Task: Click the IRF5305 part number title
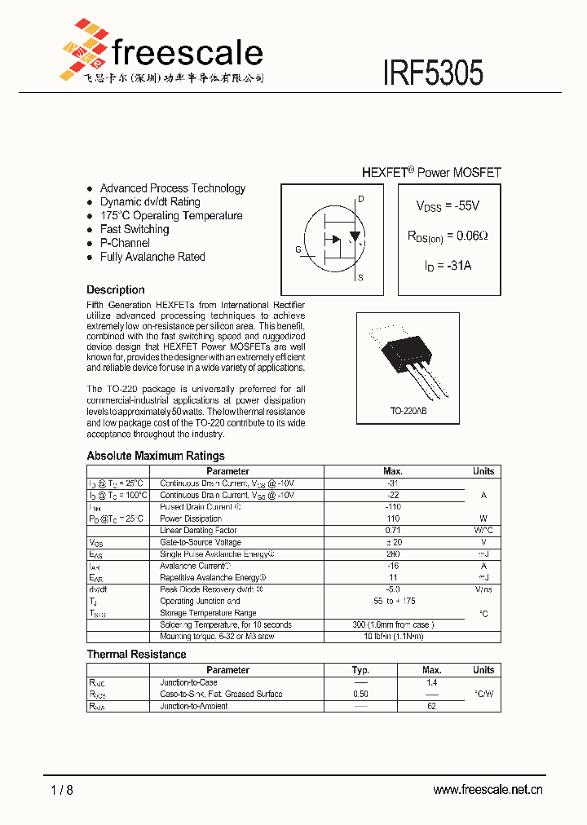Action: click(x=433, y=73)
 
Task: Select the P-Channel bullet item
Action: click(x=125, y=243)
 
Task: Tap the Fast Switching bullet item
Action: click(x=135, y=229)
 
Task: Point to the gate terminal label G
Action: click(x=298, y=249)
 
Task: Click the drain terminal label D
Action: click(x=360, y=200)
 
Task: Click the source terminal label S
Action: click(x=360, y=278)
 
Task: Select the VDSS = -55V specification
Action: click(x=448, y=206)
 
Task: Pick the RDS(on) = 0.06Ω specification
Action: click(x=448, y=236)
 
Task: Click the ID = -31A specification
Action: click(x=448, y=266)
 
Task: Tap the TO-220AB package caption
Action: click(x=408, y=411)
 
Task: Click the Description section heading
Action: click(x=116, y=289)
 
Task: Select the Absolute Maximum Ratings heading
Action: click(x=156, y=456)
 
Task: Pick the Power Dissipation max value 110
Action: click(x=393, y=518)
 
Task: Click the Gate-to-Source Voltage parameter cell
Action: click(x=201, y=542)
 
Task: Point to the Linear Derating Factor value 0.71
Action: click(x=393, y=531)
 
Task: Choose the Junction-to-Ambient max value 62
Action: click(x=431, y=706)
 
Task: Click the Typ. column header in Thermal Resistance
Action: click(x=360, y=670)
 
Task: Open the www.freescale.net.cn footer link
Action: click(x=488, y=789)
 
